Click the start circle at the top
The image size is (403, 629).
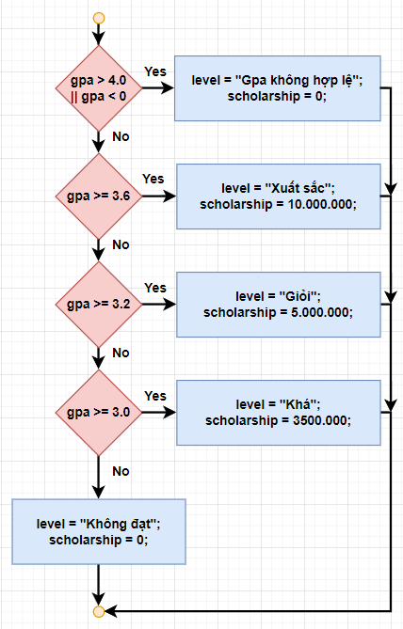(x=99, y=18)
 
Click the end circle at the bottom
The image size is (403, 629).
(x=99, y=611)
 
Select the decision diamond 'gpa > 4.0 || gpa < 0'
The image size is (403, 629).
(x=99, y=88)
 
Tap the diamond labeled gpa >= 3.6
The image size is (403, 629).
(x=99, y=197)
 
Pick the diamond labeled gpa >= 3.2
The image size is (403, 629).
(x=99, y=305)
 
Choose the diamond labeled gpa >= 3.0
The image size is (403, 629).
(x=99, y=413)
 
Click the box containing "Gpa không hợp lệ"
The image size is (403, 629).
(x=277, y=88)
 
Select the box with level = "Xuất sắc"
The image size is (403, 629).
(x=279, y=197)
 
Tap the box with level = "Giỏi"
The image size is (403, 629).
(x=279, y=305)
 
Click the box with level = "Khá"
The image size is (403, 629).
(x=279, y=413)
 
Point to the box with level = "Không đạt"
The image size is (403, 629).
(x=99, y=531)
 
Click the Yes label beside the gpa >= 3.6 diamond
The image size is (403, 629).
(x=153, y=179)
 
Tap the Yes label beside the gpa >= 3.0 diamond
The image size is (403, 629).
(x=155, y=396)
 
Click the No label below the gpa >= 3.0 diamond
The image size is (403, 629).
(x=121, y=471)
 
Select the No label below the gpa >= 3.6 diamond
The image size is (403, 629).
(x=121, y=244)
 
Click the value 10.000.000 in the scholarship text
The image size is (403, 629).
(x=320, y=204)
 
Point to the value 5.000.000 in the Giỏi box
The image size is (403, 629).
(x=320, y=312)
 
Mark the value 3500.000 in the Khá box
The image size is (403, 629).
(x=320, y=420)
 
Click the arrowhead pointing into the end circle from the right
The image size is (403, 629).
(x=110, y=611)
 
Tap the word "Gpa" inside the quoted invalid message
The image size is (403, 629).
(x=254, y=81)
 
